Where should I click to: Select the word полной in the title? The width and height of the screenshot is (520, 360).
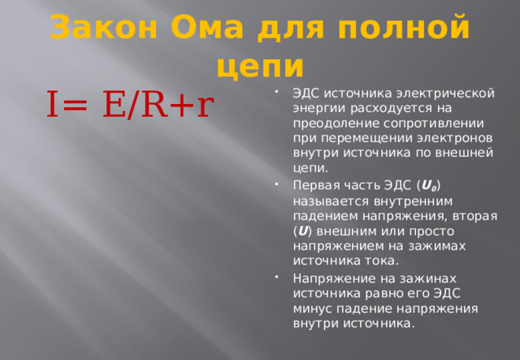click(x=408, y=28)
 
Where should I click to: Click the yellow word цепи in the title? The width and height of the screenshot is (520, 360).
click(x=260, y=64)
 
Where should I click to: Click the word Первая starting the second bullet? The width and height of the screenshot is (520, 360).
click(x=316, y=184)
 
